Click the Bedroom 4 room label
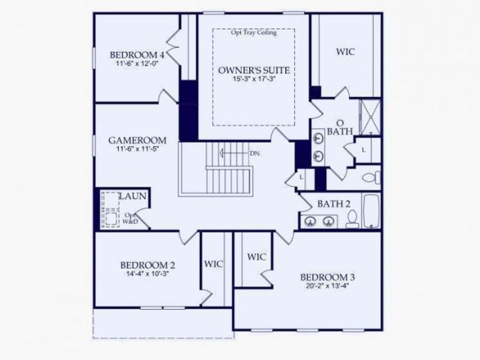(x=137, y=54)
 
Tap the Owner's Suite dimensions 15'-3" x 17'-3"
(x=254, y=79)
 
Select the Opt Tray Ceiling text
(x=253, y=33)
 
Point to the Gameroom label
(x=137, y=140)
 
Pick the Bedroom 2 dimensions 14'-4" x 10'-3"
(x=148, y=274)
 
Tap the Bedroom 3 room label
(x=327, y=277)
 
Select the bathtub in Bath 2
(x=371, y=211)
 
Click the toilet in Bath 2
(x=351, y=219)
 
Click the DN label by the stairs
(x=255, y=154)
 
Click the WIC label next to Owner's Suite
(x=345, y=52)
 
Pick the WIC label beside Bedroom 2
(x=214, y=264)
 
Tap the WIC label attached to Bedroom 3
(x=257, y=257)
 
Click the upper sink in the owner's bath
(x=319, y=138)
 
